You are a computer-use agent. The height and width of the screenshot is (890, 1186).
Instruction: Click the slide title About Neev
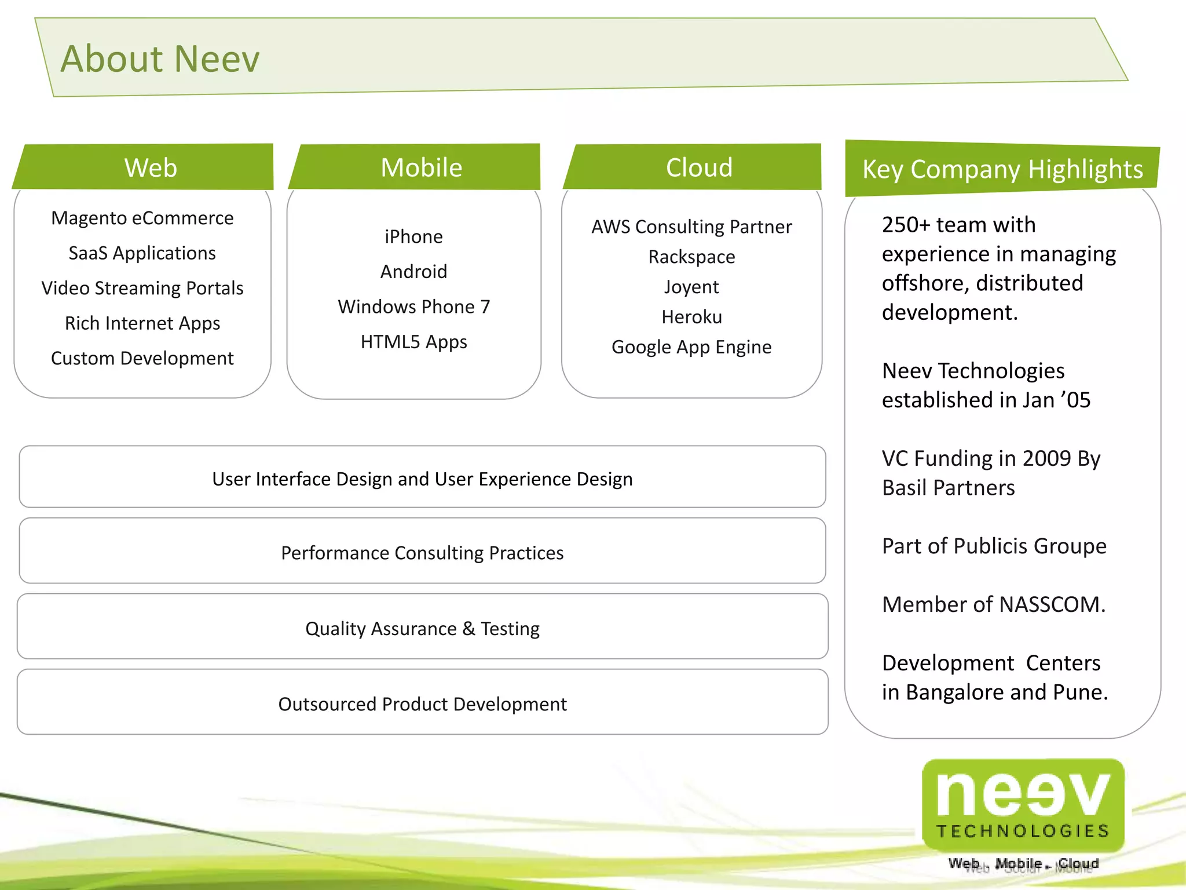160,59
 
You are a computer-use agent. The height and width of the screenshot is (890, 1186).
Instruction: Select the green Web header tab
151,167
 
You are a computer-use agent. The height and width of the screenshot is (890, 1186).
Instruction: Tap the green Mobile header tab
421,167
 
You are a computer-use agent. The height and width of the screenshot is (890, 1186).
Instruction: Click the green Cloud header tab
699,167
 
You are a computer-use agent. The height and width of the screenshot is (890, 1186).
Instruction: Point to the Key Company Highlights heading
1002,170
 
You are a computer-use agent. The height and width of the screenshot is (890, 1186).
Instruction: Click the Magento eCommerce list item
142,218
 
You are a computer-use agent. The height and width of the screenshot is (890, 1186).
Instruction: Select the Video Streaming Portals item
142,288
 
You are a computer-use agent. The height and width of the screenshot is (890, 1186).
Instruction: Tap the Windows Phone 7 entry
413,307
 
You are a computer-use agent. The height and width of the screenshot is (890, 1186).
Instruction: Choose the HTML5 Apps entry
413,342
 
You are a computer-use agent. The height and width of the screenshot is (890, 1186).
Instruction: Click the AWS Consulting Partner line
691,227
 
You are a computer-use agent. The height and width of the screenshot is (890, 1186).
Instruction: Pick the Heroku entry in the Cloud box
691,317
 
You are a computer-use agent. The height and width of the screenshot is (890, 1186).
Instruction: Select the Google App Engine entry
691,347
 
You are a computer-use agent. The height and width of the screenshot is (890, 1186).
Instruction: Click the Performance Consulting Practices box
422,553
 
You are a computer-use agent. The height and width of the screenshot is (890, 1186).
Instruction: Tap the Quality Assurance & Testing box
422,629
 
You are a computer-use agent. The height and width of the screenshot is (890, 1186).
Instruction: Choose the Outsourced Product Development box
422,704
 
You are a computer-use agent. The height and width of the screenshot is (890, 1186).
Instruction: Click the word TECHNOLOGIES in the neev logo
1023,831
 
